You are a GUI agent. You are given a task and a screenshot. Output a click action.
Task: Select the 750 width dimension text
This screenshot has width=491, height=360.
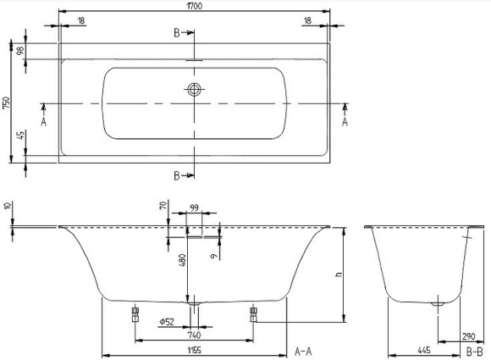[7, 103]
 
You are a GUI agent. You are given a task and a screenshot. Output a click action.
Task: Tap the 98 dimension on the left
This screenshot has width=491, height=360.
[18, 51]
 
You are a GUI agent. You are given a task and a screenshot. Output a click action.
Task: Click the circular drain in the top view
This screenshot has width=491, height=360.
[196, 89]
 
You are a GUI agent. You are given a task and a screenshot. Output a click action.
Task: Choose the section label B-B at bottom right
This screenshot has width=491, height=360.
[475, 350]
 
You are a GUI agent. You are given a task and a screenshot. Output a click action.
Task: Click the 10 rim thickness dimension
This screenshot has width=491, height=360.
[7, 206]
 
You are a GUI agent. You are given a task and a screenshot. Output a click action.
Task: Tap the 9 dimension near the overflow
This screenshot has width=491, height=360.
[215, 252]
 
